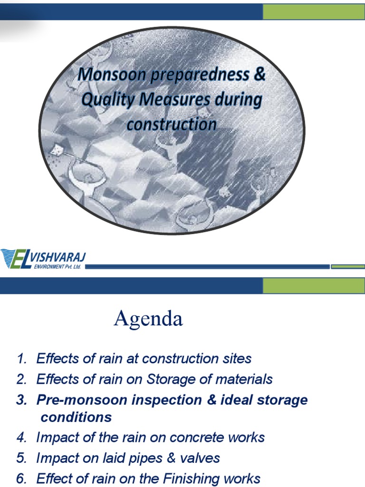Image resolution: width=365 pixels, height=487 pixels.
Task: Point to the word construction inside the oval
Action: coord(171,125)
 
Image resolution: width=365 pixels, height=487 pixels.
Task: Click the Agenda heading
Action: coord(148,319)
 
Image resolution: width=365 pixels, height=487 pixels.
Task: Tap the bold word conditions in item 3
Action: coord(76,417)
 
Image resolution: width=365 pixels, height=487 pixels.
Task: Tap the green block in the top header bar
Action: coord(314,12)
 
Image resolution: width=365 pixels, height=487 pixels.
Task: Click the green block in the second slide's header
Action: coord(314,286)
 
